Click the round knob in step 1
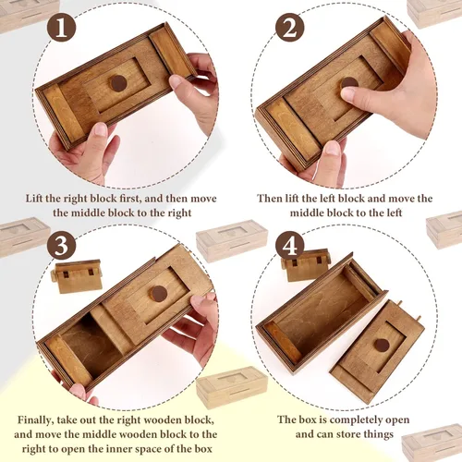click(118, 83)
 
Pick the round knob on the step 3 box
click(158, 294)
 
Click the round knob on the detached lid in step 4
click(380, 345)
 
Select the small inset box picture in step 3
click(77, 275)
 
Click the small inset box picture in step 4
click(307, 265)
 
